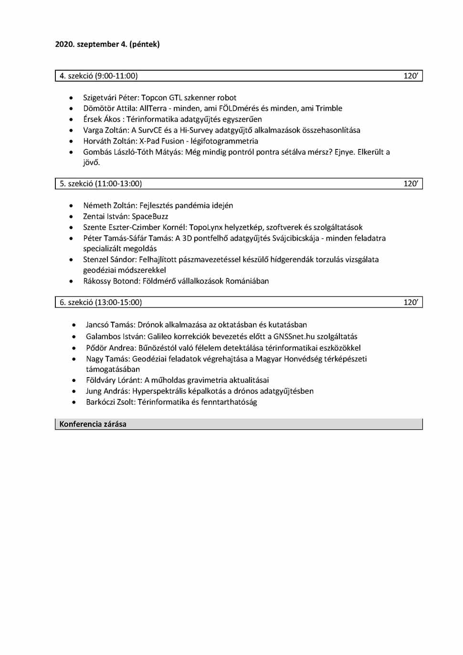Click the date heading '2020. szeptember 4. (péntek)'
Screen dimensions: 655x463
(x=107, y=44)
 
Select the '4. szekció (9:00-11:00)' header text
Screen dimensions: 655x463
(x=99, y=76)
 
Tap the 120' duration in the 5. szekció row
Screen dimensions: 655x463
(x=410, y=184)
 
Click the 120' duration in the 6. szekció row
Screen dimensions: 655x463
(x=410, y=302)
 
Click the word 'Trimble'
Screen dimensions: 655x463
(x=329, y=108)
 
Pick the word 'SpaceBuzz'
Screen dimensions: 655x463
(x=150, y=217)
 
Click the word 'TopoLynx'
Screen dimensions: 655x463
(x=206, y=228)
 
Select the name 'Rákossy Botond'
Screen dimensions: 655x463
(x=111, y=281)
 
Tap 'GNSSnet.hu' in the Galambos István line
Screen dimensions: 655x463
(x=294, y=337)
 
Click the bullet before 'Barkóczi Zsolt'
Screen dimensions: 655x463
(x=74, y=402)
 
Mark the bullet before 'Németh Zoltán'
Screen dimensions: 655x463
(x=71, y=206)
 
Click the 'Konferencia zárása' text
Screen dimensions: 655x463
(x=93, y=424)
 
